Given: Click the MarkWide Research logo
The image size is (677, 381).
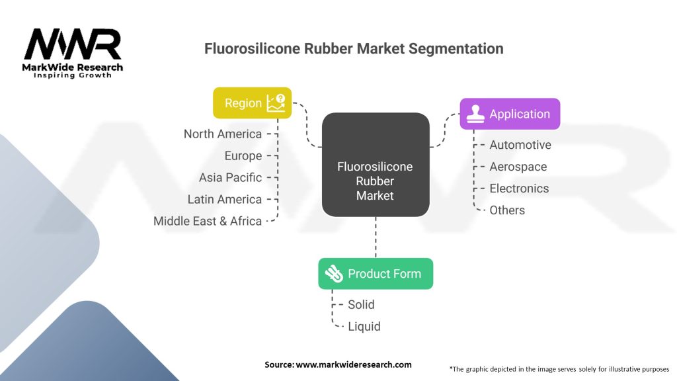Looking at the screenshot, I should coord(73,53).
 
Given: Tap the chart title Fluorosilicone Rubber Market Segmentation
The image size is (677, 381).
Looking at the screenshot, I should coord(353,49).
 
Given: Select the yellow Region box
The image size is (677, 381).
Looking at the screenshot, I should coord(252,103).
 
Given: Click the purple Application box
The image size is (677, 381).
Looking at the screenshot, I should coord(509,114).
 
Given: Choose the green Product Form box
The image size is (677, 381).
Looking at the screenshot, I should coord(375,274).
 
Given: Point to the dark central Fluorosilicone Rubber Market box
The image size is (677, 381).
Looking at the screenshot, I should coord(375,164).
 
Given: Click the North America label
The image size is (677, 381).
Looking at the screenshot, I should coord(223,134).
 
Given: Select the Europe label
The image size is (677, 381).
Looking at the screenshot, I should coord(243,156).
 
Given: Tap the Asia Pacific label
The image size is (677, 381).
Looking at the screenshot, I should coord(230,178).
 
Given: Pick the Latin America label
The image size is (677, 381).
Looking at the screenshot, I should coord(225,200).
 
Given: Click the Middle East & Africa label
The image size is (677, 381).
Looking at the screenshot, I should coord(208,222).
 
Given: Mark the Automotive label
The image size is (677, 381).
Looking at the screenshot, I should coord(520,145).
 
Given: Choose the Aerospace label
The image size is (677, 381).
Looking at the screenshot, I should coord(518,167).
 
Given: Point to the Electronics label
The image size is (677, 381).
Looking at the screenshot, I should coord(519,189).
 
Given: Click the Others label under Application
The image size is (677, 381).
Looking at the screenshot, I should coord(507,210).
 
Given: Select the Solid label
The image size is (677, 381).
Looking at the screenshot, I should coord(361,305).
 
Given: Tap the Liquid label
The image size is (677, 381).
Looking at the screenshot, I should coord(364,327).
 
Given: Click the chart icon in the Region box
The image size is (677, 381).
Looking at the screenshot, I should coord(275,103).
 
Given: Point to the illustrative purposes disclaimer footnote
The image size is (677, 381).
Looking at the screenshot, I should coord(559,368).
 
